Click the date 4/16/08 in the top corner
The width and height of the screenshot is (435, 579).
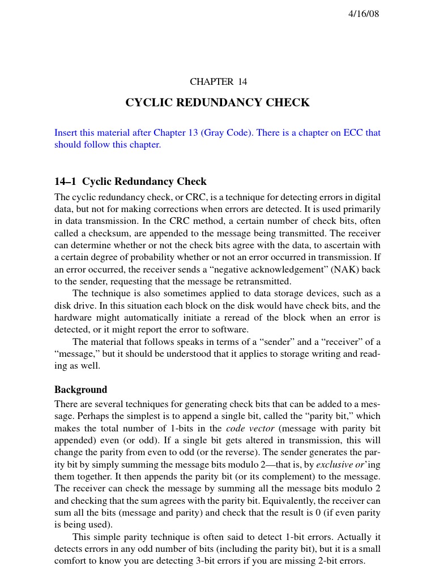click(x=363, y=14)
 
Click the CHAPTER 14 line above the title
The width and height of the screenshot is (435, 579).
click(x=218, y=82)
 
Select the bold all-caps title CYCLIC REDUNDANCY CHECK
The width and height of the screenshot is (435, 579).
click(x=217, y=103)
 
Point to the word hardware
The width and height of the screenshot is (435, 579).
click(x=73, y=318)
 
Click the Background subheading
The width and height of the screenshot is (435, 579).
click(x=80, y=390)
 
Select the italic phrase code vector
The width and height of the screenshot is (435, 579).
click(x=250, y=429)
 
